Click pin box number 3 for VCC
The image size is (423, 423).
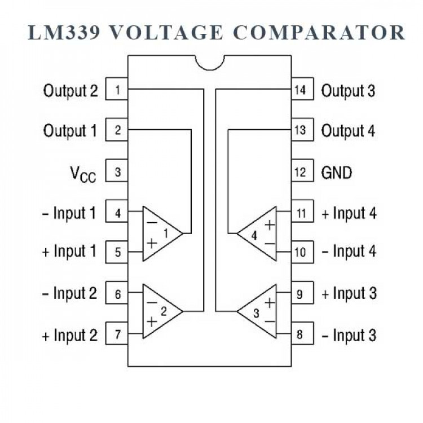point(117,172)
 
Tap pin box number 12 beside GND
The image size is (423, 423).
point(301,172)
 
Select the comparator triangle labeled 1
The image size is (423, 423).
point(161,233)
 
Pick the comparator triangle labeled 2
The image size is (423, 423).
point(161,311)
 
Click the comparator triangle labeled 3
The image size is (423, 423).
point(258,311)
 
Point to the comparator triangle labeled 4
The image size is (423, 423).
point(258,233)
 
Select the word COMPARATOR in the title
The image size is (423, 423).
point(319,32)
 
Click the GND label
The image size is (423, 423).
point(336,172)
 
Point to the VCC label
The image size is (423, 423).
point(82,173)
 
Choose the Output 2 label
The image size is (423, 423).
point(70,90)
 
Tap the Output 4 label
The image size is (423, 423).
point(348,131)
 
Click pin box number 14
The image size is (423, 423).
point(301,90)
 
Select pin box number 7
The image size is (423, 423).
point(117,335)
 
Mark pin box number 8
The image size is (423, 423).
point(301,335)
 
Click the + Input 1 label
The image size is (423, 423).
point(69,252)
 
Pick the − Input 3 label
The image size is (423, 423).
point(349,335)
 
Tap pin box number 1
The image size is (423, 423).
point(117,90)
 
